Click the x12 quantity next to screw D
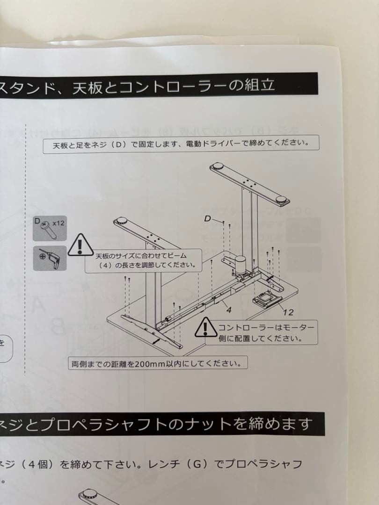tap(58, 223)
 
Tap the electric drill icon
tap(50, 258)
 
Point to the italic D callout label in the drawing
tap(209, 218)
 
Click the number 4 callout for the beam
tap(229, 309)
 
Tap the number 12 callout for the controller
tap(288, 312)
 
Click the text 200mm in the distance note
tap(147, 363)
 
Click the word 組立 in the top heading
tap(261, 86)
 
